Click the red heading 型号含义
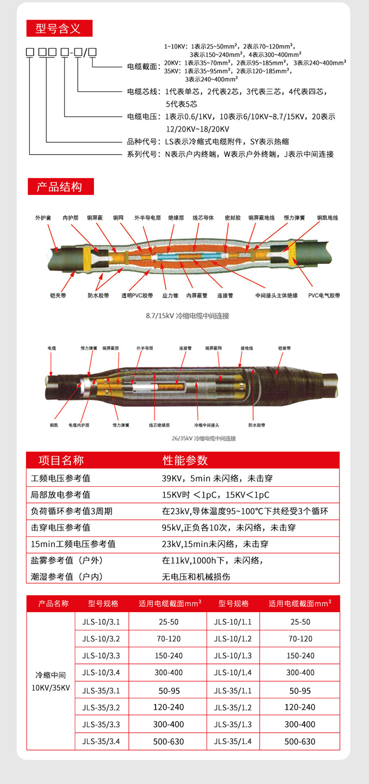(x=59, y=29)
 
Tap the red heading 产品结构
(x=60, y=187)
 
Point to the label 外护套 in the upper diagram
(x=43, y=218)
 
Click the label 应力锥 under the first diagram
(x=170, y=295)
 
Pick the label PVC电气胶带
(x=324, y=295)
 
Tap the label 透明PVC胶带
(x=137, y=295)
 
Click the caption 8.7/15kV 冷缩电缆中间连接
(x=187, y=315)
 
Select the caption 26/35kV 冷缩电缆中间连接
(x=204, y=438)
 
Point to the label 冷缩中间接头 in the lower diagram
(x=207, y=425)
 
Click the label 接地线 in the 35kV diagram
(x=247, y=348)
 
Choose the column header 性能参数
(x=185, y=460)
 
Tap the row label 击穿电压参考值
(x=61, y=528)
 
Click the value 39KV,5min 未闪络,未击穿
(x=217, y=478)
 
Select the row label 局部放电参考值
(x=61, y=495)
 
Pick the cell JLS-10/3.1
(x=101, y=622)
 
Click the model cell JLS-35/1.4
(x=233, y=741)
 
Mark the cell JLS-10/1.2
(x=233, y=639)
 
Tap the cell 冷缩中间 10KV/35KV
(x=51, y=681)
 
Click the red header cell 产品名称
(x=54, y=603)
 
